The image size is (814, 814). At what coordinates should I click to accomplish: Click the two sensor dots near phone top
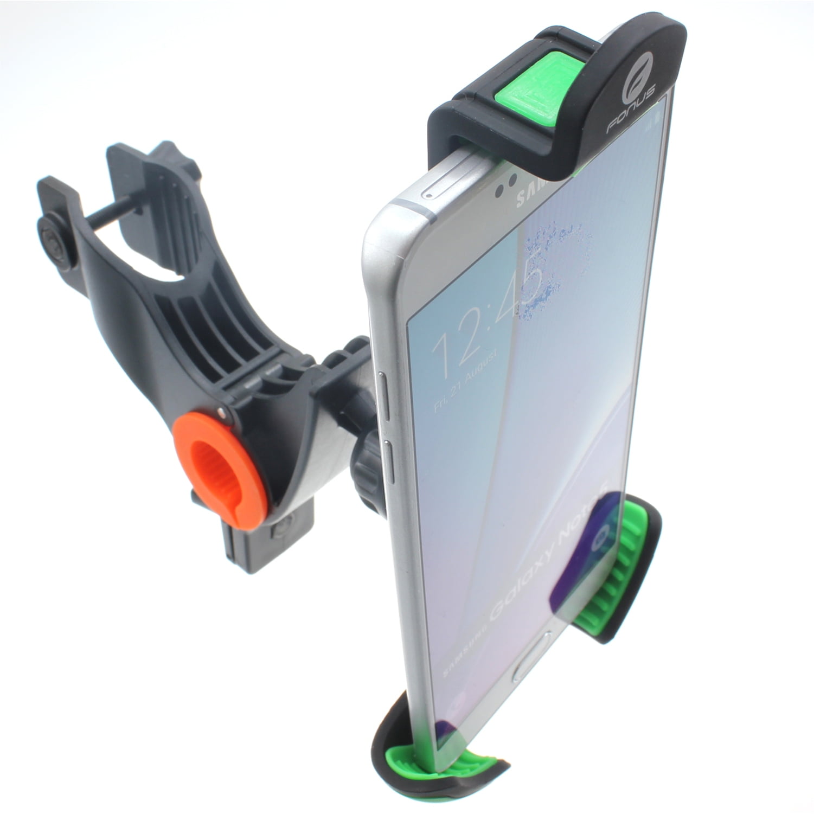502,190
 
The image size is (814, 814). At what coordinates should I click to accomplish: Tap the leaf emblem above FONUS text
645,87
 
